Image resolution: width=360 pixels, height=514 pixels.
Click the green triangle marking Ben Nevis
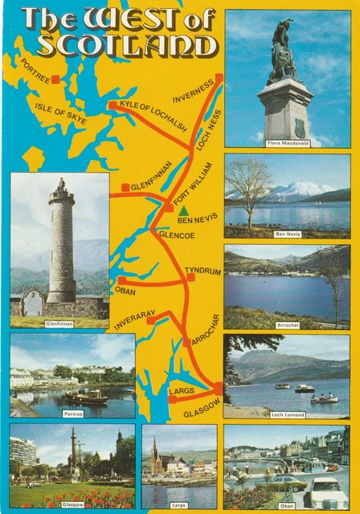(183, 210)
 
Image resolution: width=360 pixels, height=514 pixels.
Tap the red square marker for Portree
(55, 80)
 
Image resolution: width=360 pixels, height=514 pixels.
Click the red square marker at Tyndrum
(191, 278)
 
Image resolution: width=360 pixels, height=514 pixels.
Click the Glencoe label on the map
(178, 235)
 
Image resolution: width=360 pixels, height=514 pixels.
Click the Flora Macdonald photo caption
(287, 143)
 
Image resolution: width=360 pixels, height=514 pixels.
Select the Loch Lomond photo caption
(287, 414)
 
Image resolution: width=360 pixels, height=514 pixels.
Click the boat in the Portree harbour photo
(86, 397)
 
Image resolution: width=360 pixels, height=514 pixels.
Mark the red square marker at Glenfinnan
(126, 188)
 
